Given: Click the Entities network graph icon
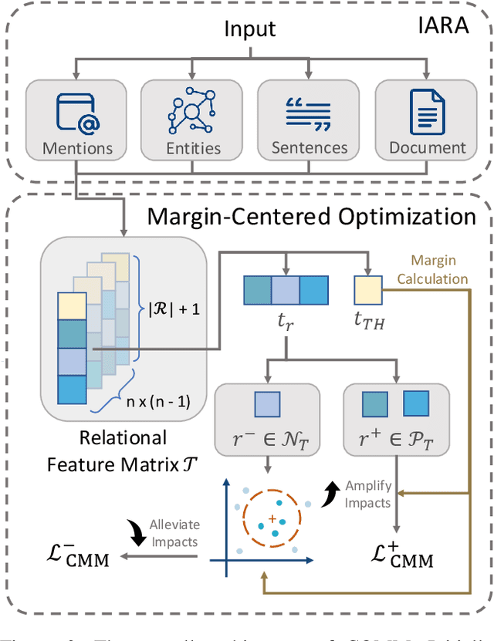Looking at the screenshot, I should (193, 112).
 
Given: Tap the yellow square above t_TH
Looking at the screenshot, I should (367, 289).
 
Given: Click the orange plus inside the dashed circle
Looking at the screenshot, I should (272, 517).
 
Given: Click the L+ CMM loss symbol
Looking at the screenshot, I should (397, 556).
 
